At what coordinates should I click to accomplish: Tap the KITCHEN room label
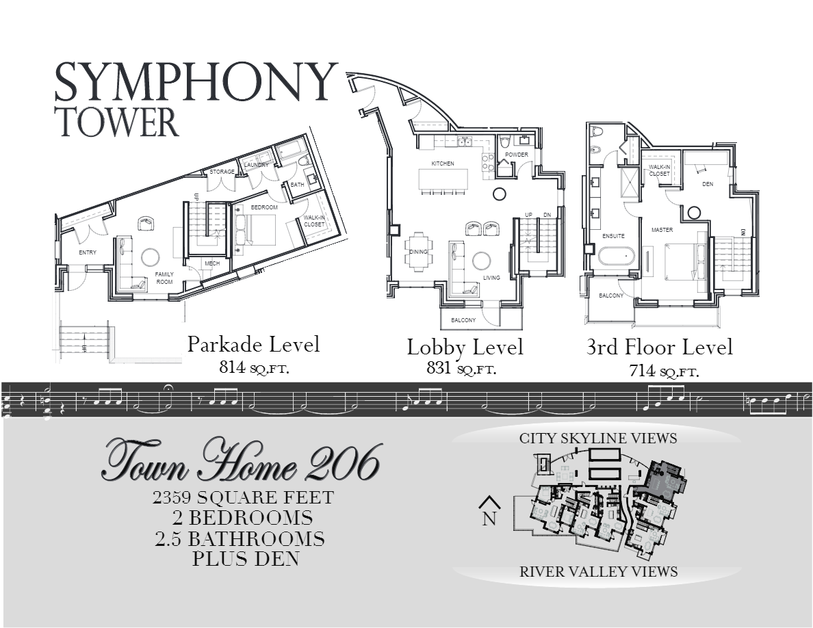442,163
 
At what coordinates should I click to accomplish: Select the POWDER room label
517,155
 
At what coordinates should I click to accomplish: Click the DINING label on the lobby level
418,252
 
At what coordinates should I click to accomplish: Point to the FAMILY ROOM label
164,277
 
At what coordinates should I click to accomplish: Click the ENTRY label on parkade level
87,252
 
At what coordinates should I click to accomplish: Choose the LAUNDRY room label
257,165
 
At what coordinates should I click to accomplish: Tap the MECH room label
212,263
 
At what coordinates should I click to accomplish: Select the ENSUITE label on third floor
613,236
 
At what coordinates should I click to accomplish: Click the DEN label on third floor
708,184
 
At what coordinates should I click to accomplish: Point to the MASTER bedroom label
662,230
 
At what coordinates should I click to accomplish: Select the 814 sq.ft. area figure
254,367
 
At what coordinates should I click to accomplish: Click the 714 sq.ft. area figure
663,371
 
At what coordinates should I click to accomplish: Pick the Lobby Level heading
465,347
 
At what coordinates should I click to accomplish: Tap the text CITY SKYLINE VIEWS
597,438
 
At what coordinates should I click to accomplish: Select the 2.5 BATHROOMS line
240,538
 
